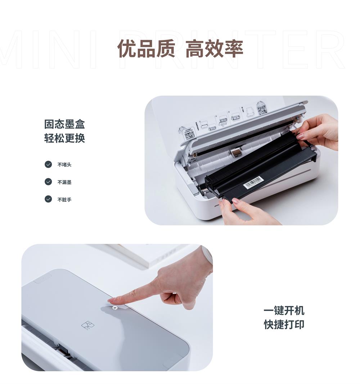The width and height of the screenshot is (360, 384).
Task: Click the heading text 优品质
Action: (146, 49)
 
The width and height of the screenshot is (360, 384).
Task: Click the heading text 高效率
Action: (214, 49)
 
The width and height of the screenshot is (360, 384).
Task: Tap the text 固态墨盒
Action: (64, 124)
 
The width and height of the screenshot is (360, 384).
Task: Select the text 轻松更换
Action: (64, 138)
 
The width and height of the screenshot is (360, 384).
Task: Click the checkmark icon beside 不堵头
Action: (48, 165)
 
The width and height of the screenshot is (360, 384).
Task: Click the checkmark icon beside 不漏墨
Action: (48, 182)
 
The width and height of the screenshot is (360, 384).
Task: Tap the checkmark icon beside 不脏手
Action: (48, 199)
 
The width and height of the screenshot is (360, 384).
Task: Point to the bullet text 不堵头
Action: (64, 165)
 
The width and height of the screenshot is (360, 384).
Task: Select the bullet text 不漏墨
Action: (64, 182)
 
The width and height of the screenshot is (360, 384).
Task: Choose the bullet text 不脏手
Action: (64, 200)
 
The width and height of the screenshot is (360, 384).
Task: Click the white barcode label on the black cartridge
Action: (253, 182)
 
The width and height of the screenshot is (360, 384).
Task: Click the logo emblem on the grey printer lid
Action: (88, 325)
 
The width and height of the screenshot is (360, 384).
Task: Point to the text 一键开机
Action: (284, 311)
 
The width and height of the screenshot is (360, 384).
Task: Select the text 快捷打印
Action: (284, 324)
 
